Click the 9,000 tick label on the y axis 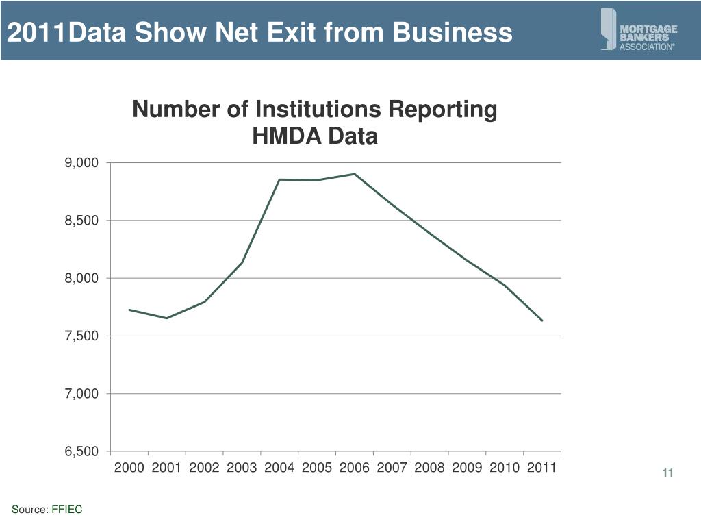(x=82, y=163)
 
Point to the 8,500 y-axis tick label (x=82, y=221)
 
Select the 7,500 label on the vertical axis (x=82, y=336)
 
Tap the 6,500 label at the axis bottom (x=82, y=451)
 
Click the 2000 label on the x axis (x=129, y=468)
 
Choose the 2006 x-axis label (x=354, y=468)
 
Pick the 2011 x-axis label (x=541, y=468)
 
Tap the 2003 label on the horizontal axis (x=242, y=468)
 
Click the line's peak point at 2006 (x=354, y=174)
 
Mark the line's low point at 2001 (x=166, y=318)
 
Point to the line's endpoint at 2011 (x=542, y=321)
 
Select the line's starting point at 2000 (x=129, y=310)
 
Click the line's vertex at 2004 (x=279, y=179)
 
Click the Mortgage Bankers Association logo (x=638, y=29)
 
